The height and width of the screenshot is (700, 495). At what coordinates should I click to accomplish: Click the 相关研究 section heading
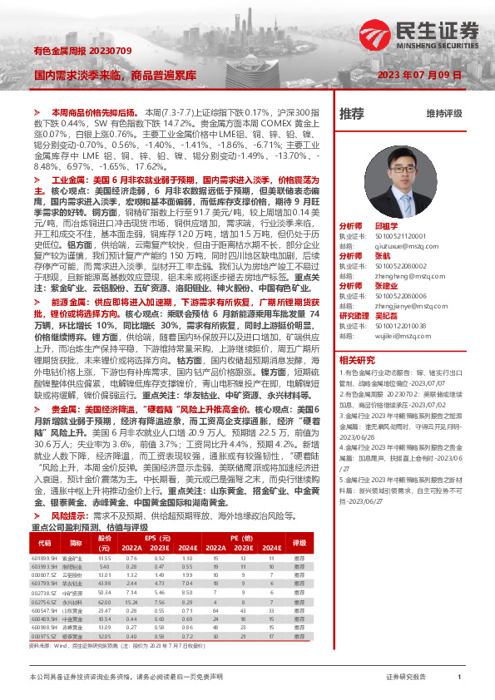tap(357, 360)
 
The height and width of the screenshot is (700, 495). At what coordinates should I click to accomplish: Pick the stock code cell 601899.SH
tap(41, 558)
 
